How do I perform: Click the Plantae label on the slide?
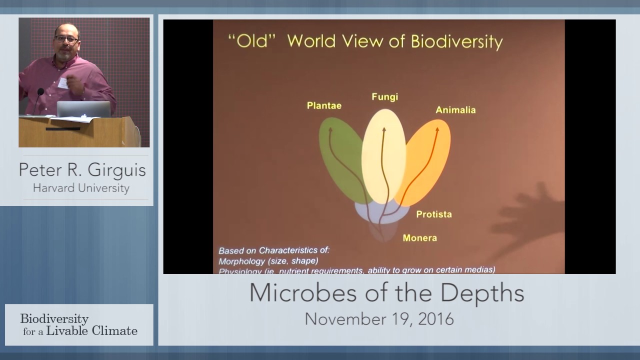point(324,105)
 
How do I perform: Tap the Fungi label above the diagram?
point(384,96)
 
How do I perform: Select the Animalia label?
point(455,110)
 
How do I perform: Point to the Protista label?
point(433,214)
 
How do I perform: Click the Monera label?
point(419,238)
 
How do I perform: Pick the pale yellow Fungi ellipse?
point(383,155)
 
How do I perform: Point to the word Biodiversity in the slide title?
point(456,41)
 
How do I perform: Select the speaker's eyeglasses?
point(66,39)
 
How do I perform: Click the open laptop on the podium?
point(83,109)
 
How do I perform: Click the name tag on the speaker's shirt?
point(62,83)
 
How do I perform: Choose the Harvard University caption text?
point(81,188)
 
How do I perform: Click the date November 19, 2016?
point(379,319)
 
